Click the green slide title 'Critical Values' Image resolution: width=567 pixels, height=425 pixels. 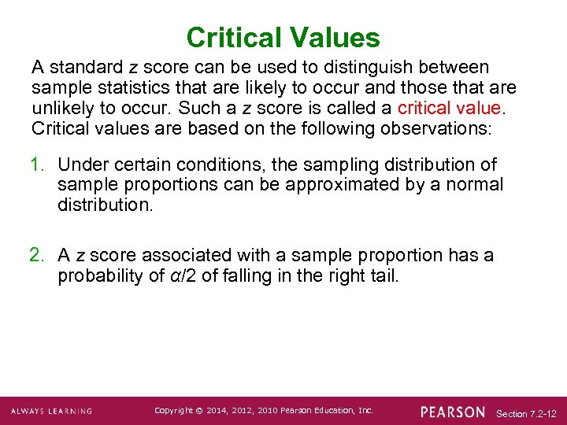click(x=283, y=37)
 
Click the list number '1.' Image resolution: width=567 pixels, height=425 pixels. click(x=40, y=164)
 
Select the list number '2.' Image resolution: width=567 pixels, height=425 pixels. click(x=40, y=255)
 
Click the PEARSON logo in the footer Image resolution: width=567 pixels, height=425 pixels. click(x=453, y=412)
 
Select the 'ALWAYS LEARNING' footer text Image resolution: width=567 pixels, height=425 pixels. click(x=52, y=412)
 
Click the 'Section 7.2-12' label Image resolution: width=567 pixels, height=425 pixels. click(x=527, y=413)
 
